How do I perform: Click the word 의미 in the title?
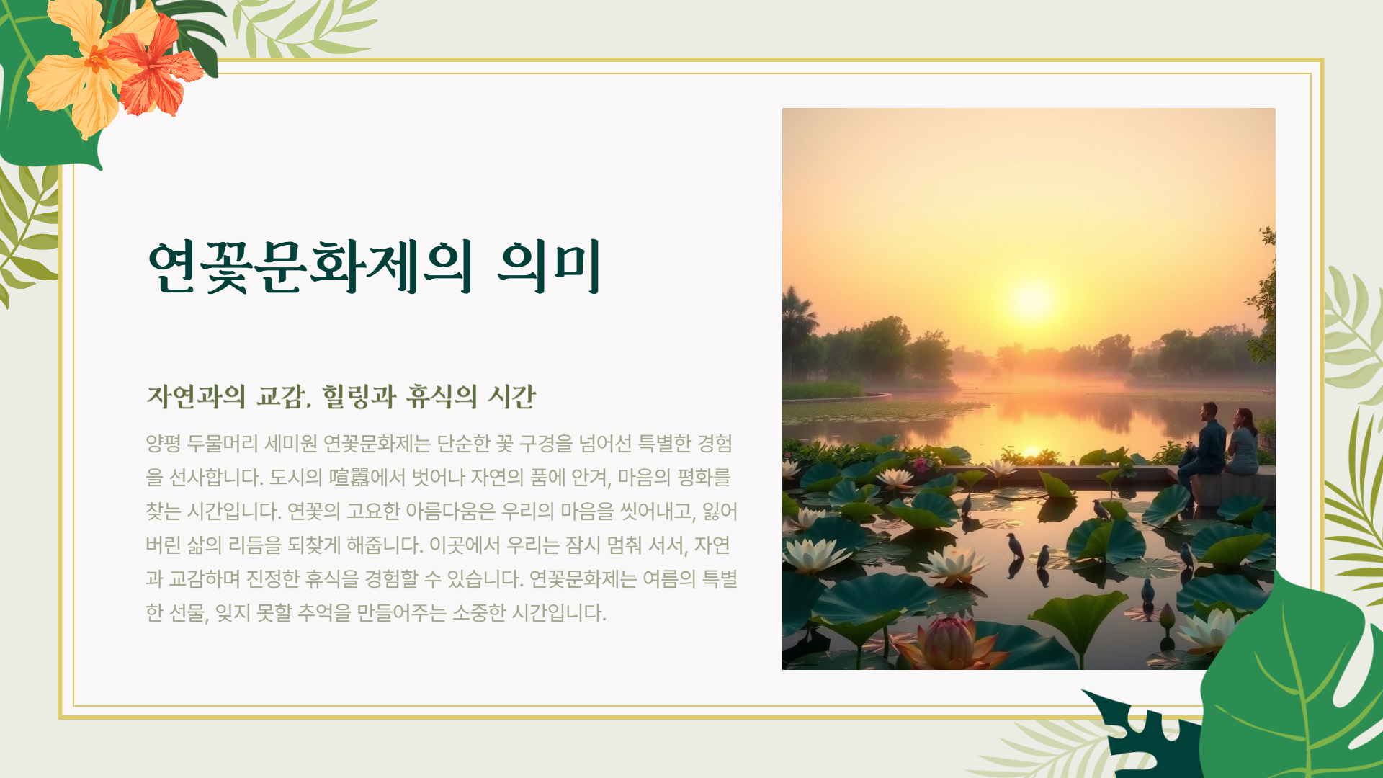click(549, 267)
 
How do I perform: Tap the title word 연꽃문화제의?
click(310, 267)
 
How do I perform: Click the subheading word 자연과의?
click(196, 396)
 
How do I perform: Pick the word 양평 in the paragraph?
click(163, 443)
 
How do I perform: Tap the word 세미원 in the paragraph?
click(291, 443)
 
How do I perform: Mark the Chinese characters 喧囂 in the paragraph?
click(349, 477)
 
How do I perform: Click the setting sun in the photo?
click(1031, 300)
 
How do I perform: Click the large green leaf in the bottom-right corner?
click(1297, 684)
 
